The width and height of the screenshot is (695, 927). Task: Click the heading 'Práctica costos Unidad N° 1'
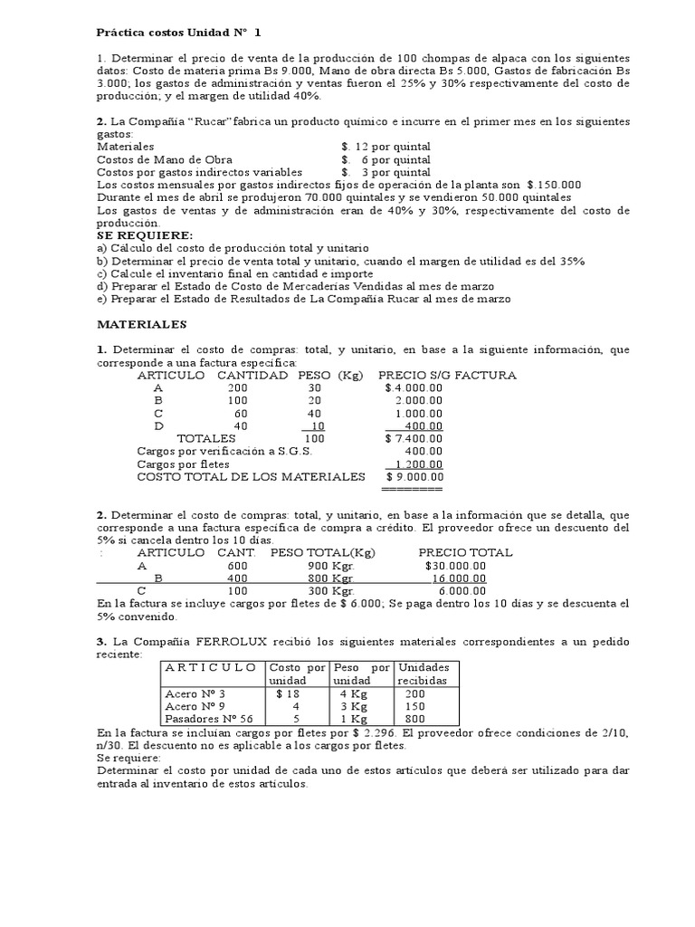pyautogui.click(x=177, y=33)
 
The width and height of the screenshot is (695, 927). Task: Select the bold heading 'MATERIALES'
pyautogui.click(x=141, y=323)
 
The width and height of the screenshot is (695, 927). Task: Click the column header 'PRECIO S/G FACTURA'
pyautogui.click(x=447, y=375)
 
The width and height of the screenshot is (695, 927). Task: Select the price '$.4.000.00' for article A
pyautogui.click(x=414, y=387)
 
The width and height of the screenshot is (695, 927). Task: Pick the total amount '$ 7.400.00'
pyautogui.click(x=414, y=438)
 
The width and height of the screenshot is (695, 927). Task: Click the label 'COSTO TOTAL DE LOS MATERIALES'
pyautogui.click(x=251, y=476)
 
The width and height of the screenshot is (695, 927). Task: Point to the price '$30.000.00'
pyautogui.click(x=455, y=565)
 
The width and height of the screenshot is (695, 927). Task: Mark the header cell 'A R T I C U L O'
pyautogui.click(x=210, y=667)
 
